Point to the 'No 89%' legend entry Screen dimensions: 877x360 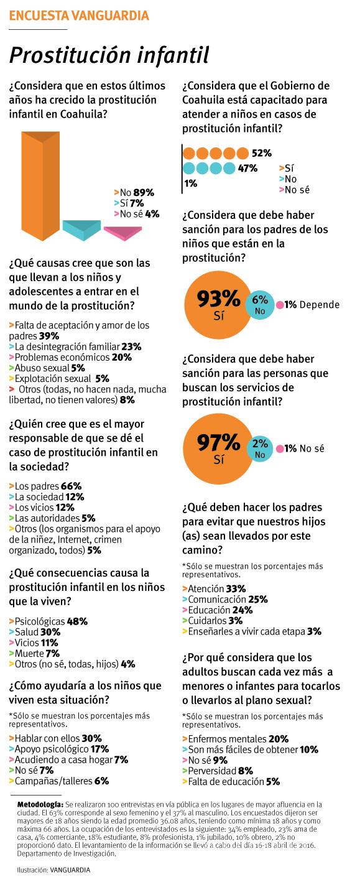click(134, 193)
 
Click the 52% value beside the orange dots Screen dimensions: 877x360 click(262, 153)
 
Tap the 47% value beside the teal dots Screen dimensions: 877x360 click(248, 168)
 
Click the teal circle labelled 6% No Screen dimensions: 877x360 click(260, 305)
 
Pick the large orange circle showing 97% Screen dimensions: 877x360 click(218, 448)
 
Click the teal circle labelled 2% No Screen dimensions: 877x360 click(260, 448)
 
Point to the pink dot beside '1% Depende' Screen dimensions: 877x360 click(280, 305)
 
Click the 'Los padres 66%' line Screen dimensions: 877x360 click(45, 486)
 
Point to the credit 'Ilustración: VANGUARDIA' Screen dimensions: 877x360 click(53, 870)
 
